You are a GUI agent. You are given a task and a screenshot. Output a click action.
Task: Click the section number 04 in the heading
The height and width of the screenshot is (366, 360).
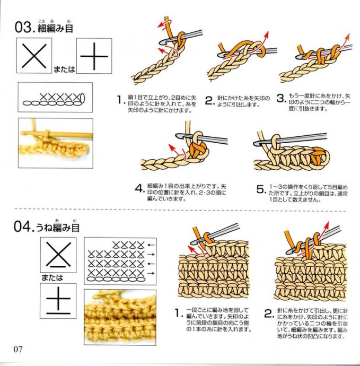(23, 228)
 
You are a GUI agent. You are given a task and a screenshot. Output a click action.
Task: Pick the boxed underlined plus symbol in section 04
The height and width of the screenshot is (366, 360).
(58, 301)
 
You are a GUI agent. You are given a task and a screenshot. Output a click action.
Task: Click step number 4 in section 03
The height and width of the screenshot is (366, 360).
(139, 189)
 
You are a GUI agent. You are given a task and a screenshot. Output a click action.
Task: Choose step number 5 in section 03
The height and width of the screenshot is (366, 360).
(260, 189)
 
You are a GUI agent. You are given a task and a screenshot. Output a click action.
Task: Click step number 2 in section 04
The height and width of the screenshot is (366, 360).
(268, 313)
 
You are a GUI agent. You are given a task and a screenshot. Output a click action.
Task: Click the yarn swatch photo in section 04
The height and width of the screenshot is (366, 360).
(120, 317)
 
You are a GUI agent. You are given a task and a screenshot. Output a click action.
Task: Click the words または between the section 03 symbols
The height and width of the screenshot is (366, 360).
(64, 68)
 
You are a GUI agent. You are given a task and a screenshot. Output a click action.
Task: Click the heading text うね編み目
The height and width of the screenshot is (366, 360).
(58, 228)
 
